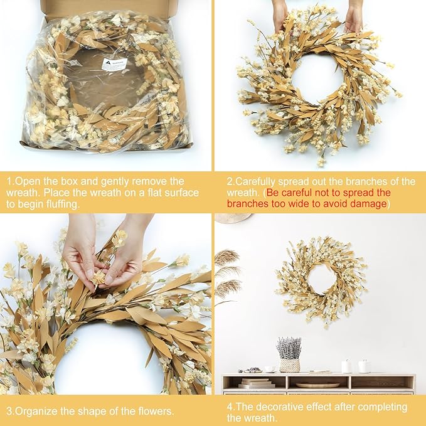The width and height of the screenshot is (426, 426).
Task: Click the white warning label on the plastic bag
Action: tap(114, 64)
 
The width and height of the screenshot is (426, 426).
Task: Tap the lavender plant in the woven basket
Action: tap(289, 347)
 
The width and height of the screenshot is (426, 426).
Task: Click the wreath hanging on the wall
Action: tap(321, 280)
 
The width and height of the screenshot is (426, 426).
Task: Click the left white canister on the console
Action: tap(346, 366)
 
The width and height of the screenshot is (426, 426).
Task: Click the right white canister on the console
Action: tap(364, 366)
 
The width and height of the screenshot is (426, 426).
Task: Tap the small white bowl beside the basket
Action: tap(270, 370)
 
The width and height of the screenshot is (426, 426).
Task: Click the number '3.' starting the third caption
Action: tap(10, 412)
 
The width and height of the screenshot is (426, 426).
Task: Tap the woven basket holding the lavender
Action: tap(289, 365)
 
